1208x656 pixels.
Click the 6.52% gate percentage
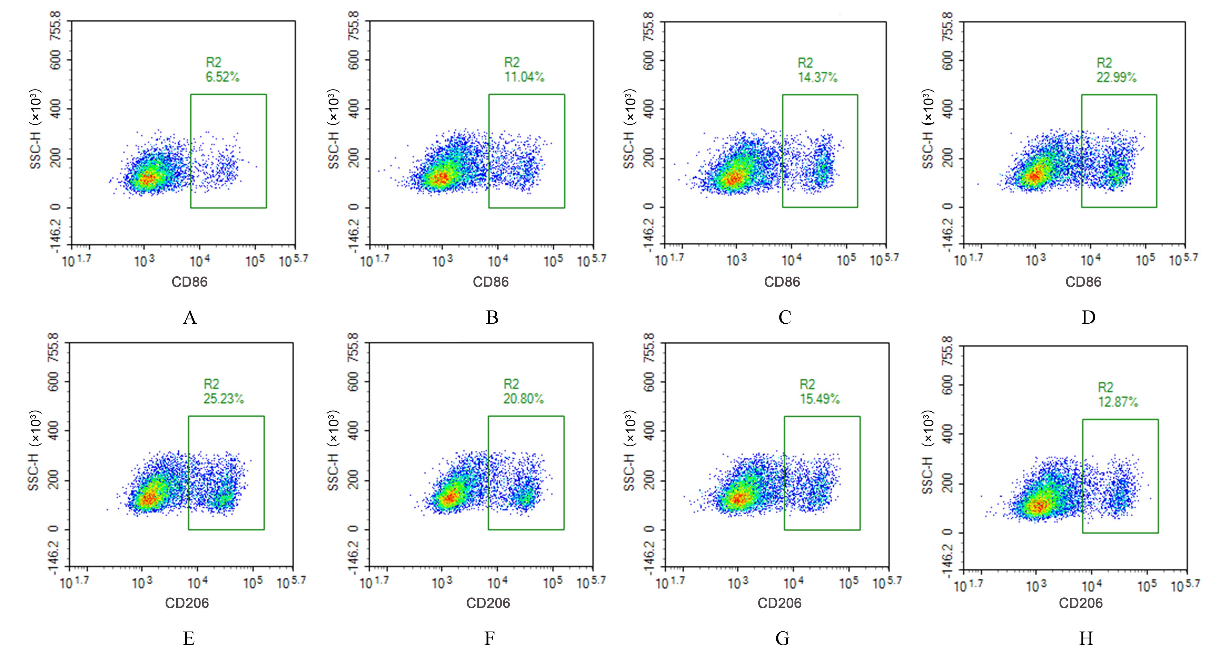click(222, 77)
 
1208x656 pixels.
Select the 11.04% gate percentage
click(524, 77)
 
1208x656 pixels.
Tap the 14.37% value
click(817, 77)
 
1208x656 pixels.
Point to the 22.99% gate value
click(1116, 77)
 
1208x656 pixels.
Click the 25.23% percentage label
click(223, 399)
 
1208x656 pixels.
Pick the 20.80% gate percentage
click(523, 399)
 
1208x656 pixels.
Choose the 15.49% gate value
click(819, 399)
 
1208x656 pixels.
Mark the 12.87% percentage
click(1118, 402)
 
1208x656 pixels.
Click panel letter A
click(190, 318)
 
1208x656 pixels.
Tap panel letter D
click(1088, 318)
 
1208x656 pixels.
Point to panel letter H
click(1086, 639)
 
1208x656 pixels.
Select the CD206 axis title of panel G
click(779, 603)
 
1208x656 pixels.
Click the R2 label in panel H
click(1105, 388)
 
